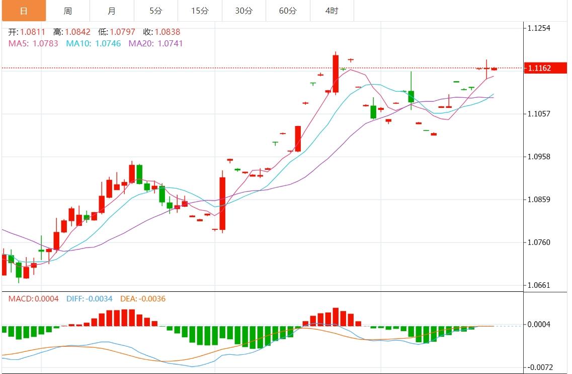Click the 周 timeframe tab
click(67, 11)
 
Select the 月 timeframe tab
click(112, 11)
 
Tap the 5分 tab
click(155, 11)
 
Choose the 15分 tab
click(200, 11)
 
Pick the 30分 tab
click(243, 11)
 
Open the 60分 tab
click(288, 11)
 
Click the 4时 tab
click(332, 11)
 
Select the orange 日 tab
click(23, 11)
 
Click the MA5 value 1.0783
click(45, 43)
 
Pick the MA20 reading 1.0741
click(170, 43)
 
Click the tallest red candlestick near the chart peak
click(336, 74)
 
